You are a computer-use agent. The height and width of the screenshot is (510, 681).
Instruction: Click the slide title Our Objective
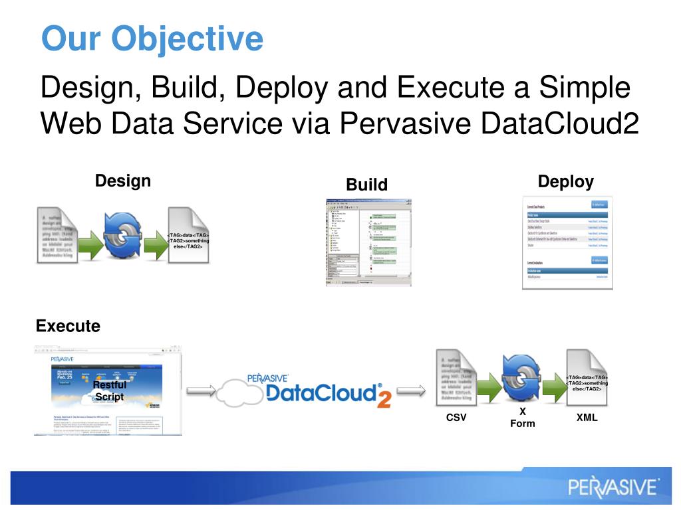point(152,39)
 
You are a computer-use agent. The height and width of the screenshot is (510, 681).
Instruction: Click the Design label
point(123,181)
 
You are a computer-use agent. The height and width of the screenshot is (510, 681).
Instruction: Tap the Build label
point(366,185)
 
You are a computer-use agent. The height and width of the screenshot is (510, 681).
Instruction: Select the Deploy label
point(565,182)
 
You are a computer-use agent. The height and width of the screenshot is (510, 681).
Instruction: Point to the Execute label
point(68,326)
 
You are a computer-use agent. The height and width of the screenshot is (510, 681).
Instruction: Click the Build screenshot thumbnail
point(368,242)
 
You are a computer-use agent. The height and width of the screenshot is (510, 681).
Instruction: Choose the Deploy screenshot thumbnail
point(566,243)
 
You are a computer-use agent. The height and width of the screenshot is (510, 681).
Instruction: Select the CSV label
point(456,418)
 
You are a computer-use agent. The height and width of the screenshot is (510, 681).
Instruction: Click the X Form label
point(522,418)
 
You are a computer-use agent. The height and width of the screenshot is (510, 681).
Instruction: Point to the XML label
point(587,418)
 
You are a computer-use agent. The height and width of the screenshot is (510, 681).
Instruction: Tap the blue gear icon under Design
point(123,236)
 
